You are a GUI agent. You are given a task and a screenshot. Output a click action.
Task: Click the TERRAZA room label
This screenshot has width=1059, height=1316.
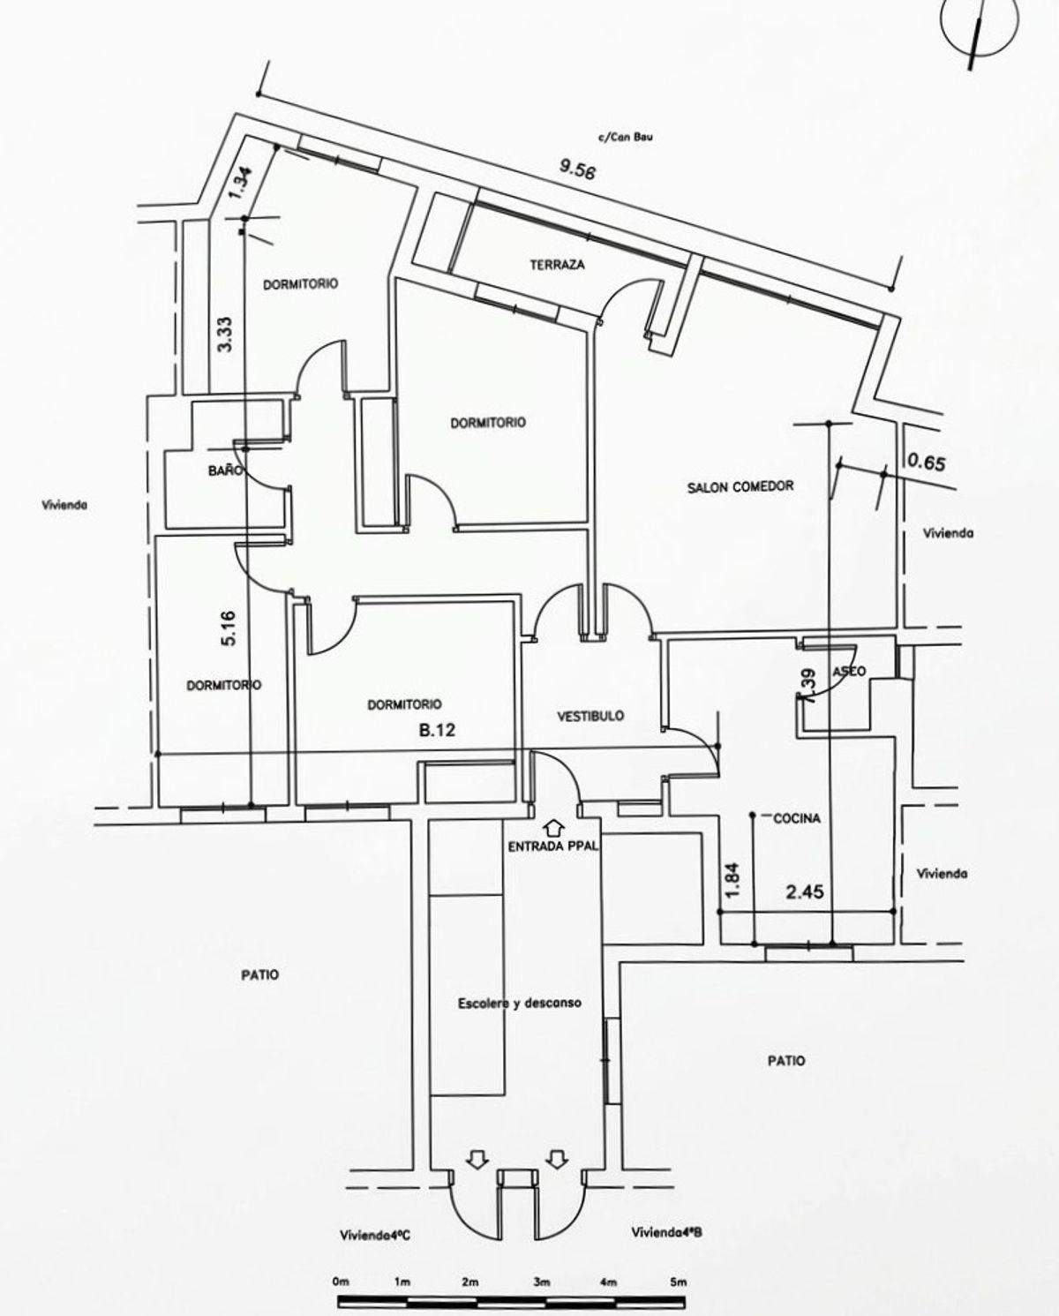(557, 265)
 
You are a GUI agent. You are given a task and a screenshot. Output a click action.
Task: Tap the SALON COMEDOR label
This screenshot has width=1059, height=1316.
(740, 487)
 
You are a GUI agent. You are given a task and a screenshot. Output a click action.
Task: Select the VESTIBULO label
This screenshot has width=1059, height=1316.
(590, 716)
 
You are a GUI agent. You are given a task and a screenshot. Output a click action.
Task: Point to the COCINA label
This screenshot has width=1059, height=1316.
(797, 818)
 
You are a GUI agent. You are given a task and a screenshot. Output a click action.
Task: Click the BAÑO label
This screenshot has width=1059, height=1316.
(226, 470)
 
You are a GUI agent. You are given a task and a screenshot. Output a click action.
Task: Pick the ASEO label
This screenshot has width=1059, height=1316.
(849, 672)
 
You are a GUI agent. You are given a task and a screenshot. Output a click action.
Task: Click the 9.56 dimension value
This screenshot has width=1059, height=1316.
(578, 169)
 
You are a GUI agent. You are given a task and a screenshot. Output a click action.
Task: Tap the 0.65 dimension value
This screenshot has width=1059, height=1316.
(926, 462)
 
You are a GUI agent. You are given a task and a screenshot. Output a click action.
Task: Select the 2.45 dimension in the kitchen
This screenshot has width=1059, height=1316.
(805, 892)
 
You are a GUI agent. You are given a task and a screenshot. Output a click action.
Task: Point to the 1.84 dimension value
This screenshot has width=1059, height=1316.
(733, 880)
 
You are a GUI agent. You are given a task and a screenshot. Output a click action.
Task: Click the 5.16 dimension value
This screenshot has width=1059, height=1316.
(230, 628)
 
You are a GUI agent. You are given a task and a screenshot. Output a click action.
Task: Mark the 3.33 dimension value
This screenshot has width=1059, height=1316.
(226, 334)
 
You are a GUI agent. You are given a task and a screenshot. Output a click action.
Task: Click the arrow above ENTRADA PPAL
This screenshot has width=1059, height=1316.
(554, 828)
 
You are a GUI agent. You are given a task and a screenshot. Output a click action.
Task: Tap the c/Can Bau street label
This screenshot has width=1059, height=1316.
(626, 137)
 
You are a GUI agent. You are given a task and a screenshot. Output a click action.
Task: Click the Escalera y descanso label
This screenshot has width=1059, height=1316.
(520, 1004)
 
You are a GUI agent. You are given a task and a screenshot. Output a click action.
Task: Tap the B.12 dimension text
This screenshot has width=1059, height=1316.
(437, 730)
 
